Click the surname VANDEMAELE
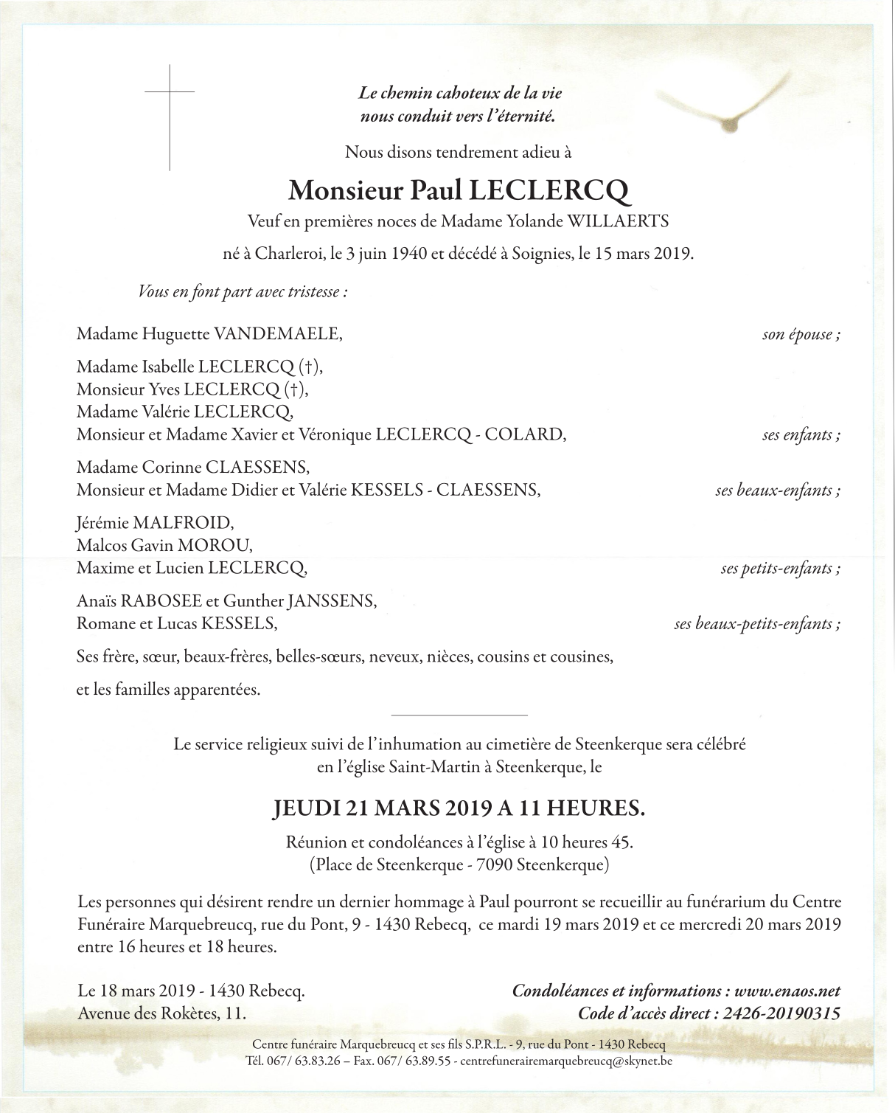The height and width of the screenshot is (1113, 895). pos(278,334)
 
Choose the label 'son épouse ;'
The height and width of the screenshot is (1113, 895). pos(801,334)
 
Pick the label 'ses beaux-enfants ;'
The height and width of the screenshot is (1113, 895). pos(777,490)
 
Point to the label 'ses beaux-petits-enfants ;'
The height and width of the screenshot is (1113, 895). pos(756,624)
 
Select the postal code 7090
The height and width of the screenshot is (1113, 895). pos(498,864)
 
